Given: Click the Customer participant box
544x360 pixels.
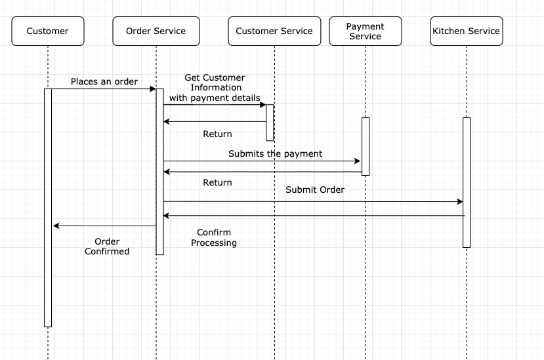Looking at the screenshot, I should (x=48, y=31).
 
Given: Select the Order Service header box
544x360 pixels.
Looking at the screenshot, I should (x=156, y=31).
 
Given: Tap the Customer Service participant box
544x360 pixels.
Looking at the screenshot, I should (x=274, y=31).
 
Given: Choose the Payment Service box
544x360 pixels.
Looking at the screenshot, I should (x=365, y=31).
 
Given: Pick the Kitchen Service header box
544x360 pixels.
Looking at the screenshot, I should (x=466, y=31).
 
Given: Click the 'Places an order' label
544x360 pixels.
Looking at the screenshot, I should (x=104, y=82).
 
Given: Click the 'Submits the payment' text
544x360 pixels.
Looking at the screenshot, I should (x=275, y=153).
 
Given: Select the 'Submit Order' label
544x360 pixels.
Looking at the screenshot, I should (x=315, y=190).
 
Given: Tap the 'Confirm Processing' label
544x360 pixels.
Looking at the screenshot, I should (x=214, y=237).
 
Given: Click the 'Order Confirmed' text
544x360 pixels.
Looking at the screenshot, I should (x=107, y=247).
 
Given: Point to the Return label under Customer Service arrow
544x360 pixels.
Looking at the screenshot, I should (x=217, y=134).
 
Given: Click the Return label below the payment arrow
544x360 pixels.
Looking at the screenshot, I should (x=217, y=182).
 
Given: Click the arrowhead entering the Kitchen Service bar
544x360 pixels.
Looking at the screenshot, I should (x=460, y=202).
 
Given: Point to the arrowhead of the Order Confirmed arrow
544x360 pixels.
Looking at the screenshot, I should (x=56, y=226).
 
